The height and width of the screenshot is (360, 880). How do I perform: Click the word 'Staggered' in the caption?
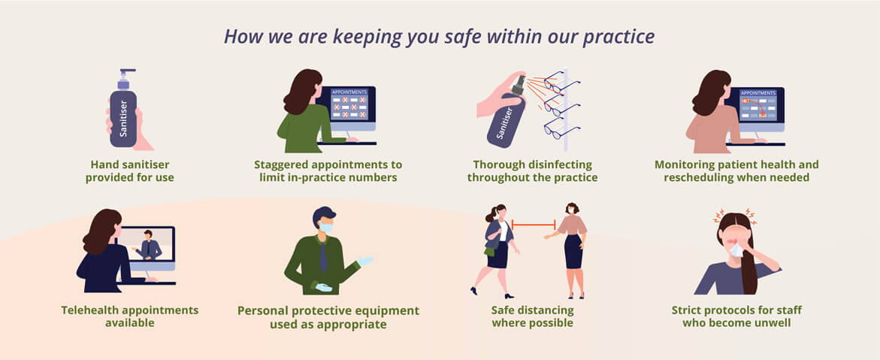(283, 165)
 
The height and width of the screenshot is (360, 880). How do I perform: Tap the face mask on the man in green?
(326, 228)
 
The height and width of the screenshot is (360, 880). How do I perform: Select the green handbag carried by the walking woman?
(489, 251)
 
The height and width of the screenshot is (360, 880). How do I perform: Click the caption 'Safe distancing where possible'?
(532, 316)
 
